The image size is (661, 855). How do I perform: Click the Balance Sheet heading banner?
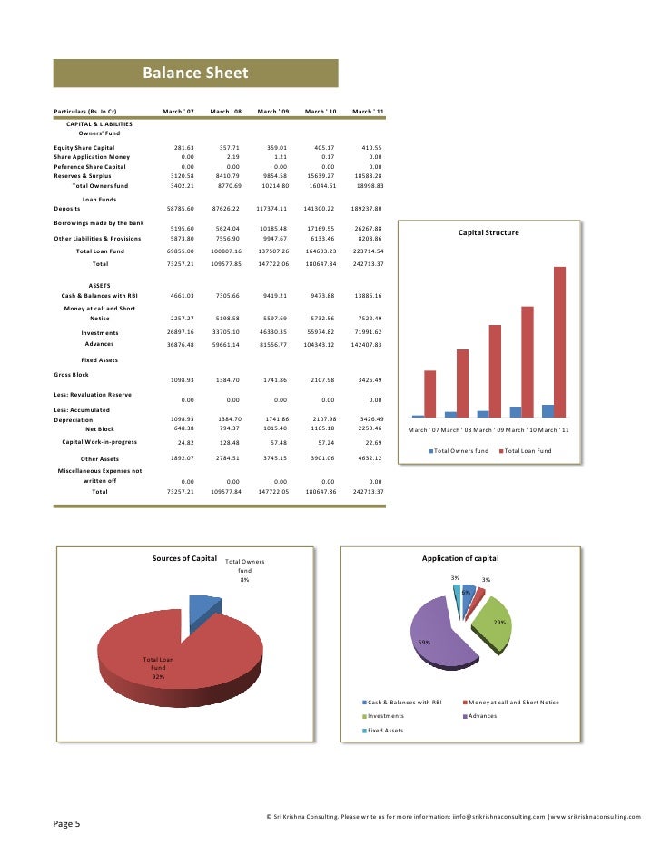[x=195, y=74]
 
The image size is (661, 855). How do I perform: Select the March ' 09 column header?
[x=272, y=111]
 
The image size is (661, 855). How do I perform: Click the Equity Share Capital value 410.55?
[x=372, y=147]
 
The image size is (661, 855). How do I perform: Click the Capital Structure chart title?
[x=488, y=233]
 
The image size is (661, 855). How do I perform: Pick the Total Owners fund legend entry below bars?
[x=459, y=451]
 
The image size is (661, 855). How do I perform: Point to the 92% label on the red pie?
[x=158, y=677]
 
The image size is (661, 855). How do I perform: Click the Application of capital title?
[x=460, y=557]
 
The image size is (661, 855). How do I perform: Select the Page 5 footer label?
[x=65, y=824]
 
